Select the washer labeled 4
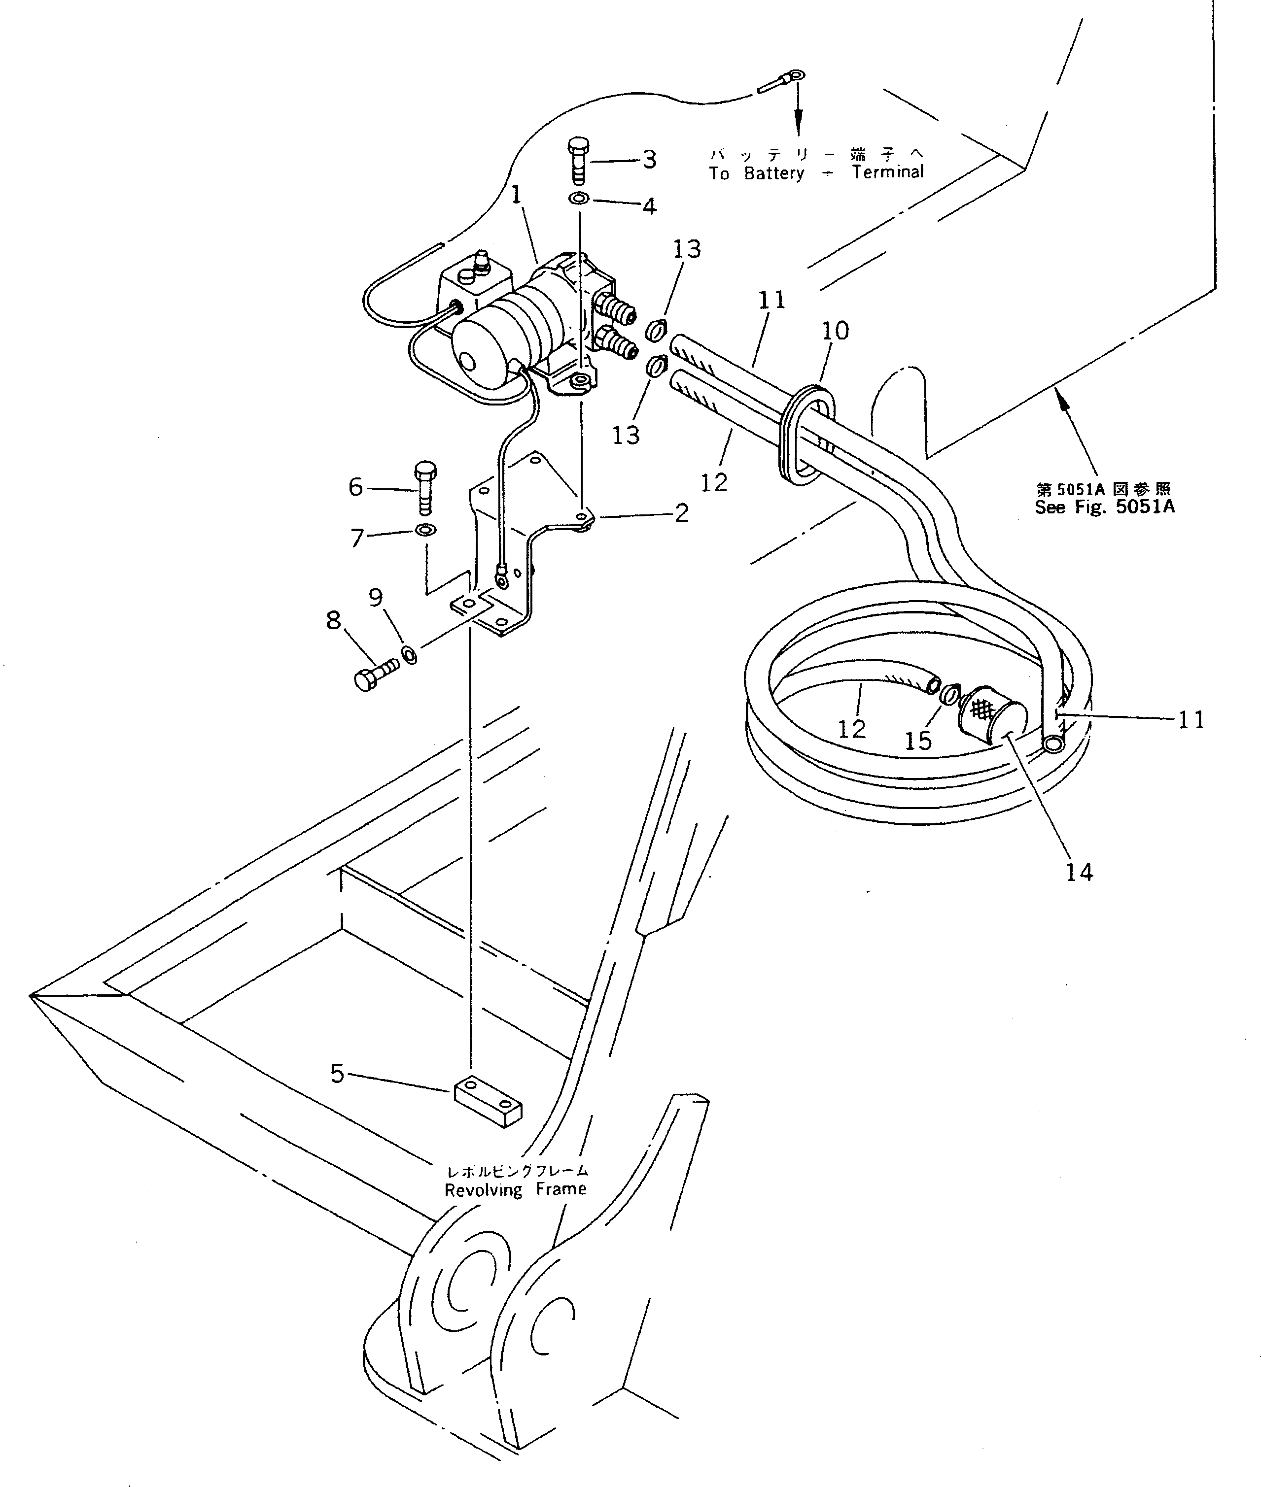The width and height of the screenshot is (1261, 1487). pos(579,198)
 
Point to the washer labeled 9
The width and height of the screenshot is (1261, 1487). pos(410,654)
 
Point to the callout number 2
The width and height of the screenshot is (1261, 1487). pos(681,512)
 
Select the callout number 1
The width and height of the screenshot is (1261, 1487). pos(516,194)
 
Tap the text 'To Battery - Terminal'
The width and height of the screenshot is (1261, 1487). pos(816,173)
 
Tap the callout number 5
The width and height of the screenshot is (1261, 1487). pos(337,1073)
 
